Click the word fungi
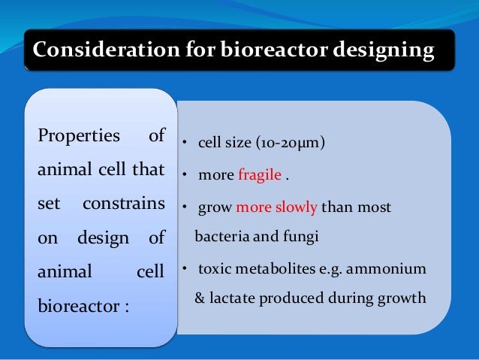[x=301, y=237]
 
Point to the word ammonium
[x=391, y=268]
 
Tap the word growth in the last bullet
[x=403, y=297]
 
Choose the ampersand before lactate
[x=201, y=297]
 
